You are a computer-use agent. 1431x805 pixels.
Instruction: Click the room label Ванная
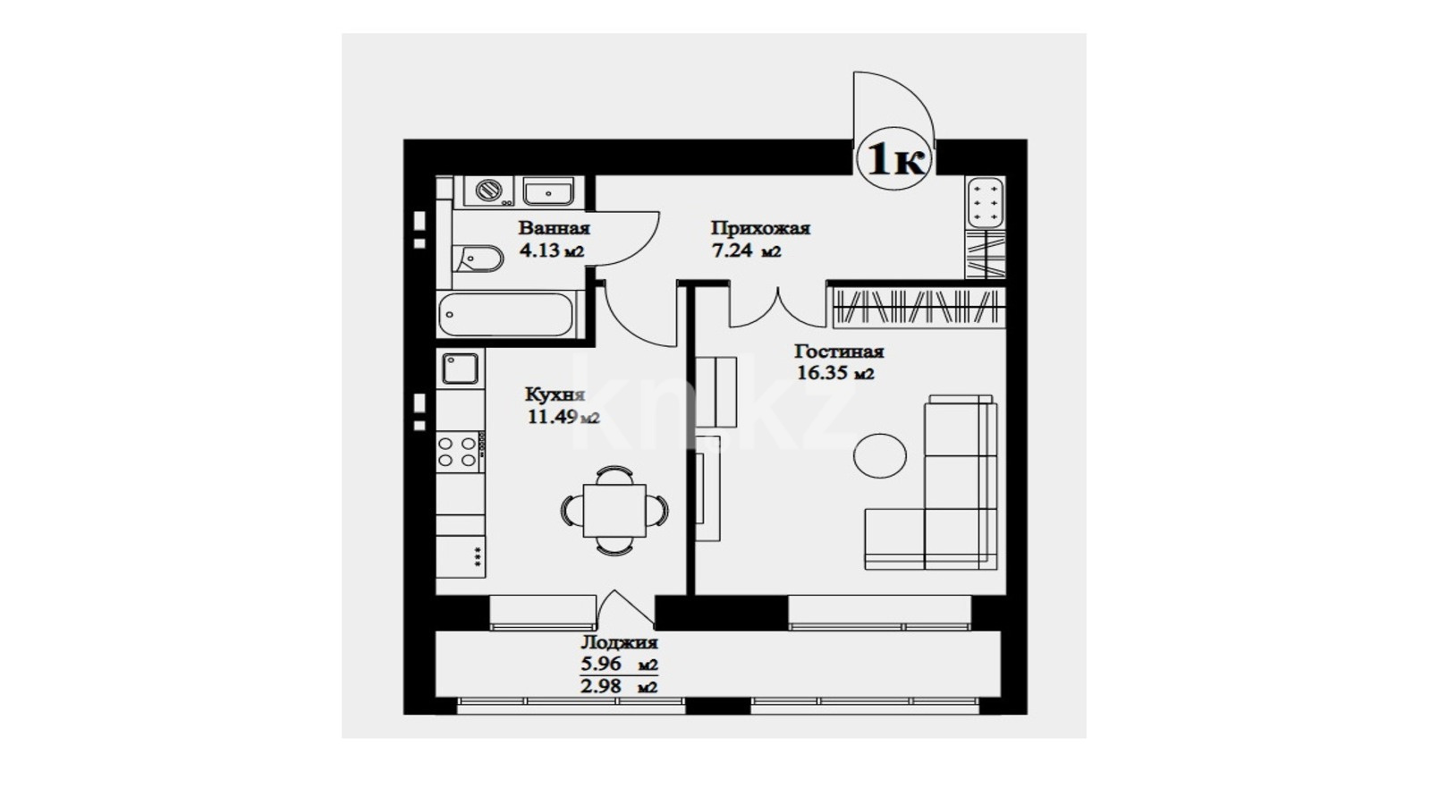[554, 228]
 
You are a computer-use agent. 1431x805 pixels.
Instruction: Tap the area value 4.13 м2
[552, 250]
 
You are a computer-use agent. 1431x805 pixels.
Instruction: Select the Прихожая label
[760, 228]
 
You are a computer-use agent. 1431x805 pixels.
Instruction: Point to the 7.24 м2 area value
[747, 250]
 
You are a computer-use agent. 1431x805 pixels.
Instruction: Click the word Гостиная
[839, 352]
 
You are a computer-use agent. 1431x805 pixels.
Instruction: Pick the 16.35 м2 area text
[835, 372]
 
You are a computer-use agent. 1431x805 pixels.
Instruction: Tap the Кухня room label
[555, 394]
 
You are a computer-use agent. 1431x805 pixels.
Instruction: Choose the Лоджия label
[618, 643]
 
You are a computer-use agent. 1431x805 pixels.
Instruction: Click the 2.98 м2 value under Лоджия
[618, 687]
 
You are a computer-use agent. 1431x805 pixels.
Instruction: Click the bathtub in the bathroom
[506, 314]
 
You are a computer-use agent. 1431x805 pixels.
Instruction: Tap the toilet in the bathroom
[478, 258]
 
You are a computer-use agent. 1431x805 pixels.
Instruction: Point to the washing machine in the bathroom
[488, 191]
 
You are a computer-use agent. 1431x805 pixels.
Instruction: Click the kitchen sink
[460, 368]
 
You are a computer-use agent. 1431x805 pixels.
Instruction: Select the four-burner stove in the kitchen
[458, 452]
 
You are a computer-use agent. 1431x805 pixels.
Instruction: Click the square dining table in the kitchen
[614, 510]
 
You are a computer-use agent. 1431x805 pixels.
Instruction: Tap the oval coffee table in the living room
[880, 455]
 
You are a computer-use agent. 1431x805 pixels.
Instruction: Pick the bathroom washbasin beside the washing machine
[548, 191]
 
